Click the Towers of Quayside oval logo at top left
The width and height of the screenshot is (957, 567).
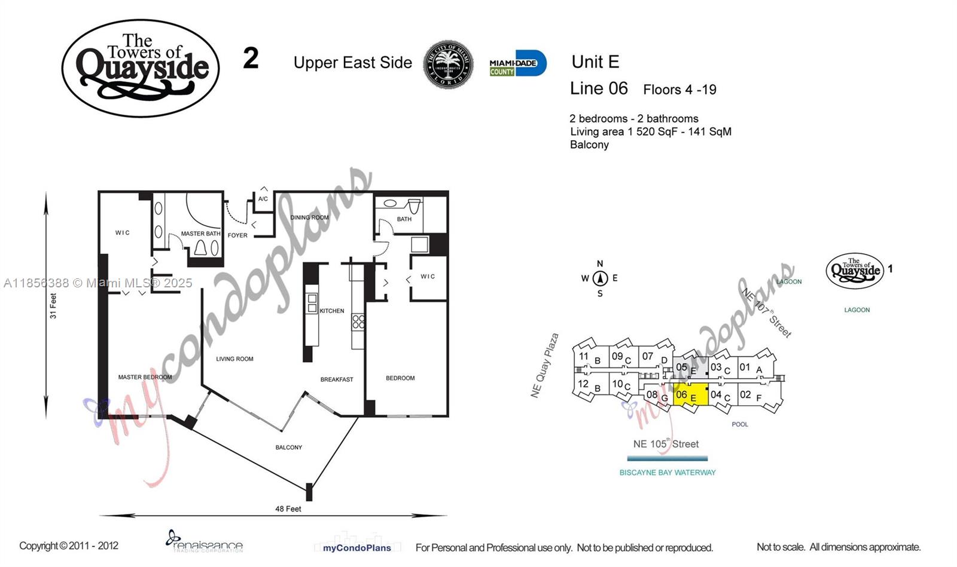(141, 68)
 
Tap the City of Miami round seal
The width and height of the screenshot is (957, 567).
(448, 65)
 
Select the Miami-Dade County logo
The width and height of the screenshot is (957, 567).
(517, 63)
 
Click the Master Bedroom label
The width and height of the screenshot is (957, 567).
(145, 377)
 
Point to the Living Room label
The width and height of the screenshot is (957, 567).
(234, 359)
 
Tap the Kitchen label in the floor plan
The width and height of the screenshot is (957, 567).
(332, 311)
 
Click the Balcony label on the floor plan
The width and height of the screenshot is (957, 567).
(288, 448)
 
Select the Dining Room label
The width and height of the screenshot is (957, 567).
(309, 217)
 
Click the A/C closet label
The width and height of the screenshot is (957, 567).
(263, 199)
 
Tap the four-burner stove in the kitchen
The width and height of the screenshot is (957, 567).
(358, 322)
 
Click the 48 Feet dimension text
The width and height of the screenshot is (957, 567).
(288, 509)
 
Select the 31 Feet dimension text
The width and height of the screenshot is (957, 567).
(53, 305)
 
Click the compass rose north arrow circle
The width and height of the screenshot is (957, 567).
(600, 278)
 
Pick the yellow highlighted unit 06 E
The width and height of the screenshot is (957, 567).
(690, 396)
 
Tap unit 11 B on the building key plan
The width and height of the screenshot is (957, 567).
(589, 357)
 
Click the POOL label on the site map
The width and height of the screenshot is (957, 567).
(740, 424)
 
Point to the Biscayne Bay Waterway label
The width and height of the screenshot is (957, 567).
(667, 473)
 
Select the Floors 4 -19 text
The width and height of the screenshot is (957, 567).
(679, 90)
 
